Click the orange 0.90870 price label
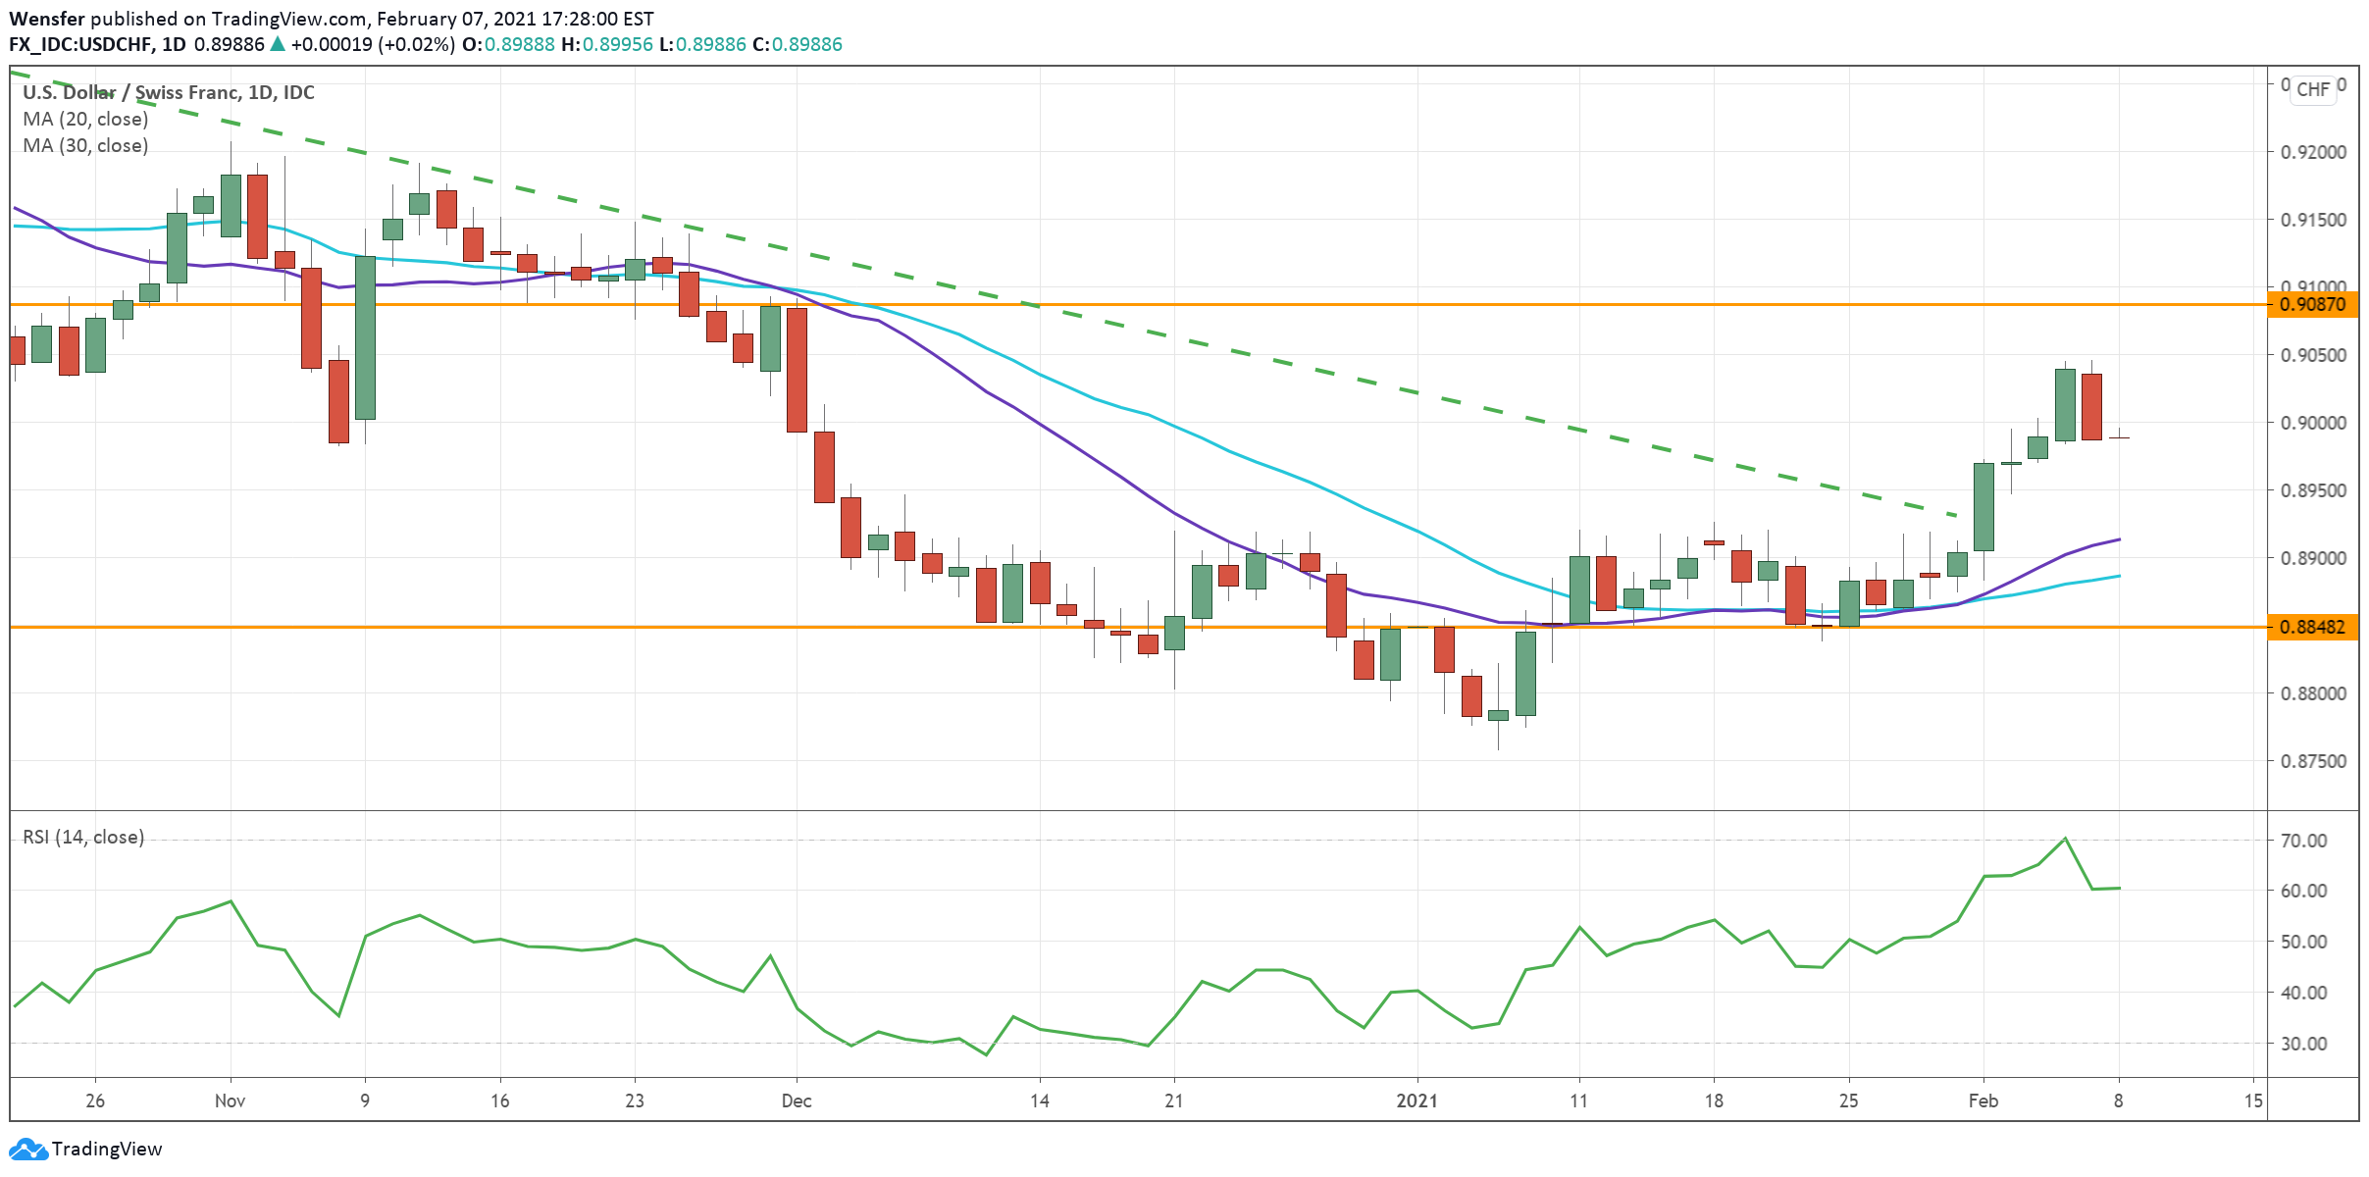pos(2312,304)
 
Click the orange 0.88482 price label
pos(2312,627)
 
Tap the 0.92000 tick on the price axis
pos(2313,152)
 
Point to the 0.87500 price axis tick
pos(2313,761)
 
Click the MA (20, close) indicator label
pos(85,119)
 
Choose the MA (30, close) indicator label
pos(85,145)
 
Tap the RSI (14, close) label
pos(83,837)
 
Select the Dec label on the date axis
pos(796,1100)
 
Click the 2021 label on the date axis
pos(1416,1100)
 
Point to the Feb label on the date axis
pos(1983,1100)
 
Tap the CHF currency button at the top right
pos(2313,89)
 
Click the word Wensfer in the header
pos(47,19)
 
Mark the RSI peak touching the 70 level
pos(2065,839)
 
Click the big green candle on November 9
pos(365,337)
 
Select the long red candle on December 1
pos(797,370)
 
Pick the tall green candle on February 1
pos(1983,506)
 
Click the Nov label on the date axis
pos(230,1100)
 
